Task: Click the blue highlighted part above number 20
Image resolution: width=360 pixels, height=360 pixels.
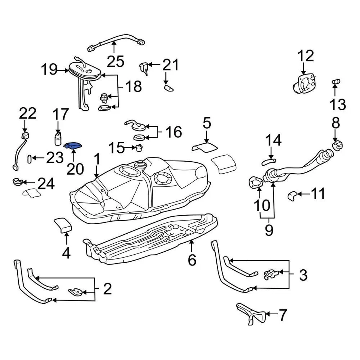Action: tap(74, 146)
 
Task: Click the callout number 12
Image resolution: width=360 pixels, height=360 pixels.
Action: tap(306, 56)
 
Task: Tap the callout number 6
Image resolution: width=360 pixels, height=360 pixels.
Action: tap(192, 259)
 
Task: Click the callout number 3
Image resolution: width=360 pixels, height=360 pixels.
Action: tap(303, 275)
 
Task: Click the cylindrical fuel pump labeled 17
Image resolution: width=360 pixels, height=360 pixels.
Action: tap(58, 139)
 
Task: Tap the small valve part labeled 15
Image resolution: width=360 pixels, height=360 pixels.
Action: tap(139, 148)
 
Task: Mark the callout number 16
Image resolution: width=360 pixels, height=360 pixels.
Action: tap(173, 132)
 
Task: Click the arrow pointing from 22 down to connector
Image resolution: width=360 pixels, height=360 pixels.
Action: tap(25, 126)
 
